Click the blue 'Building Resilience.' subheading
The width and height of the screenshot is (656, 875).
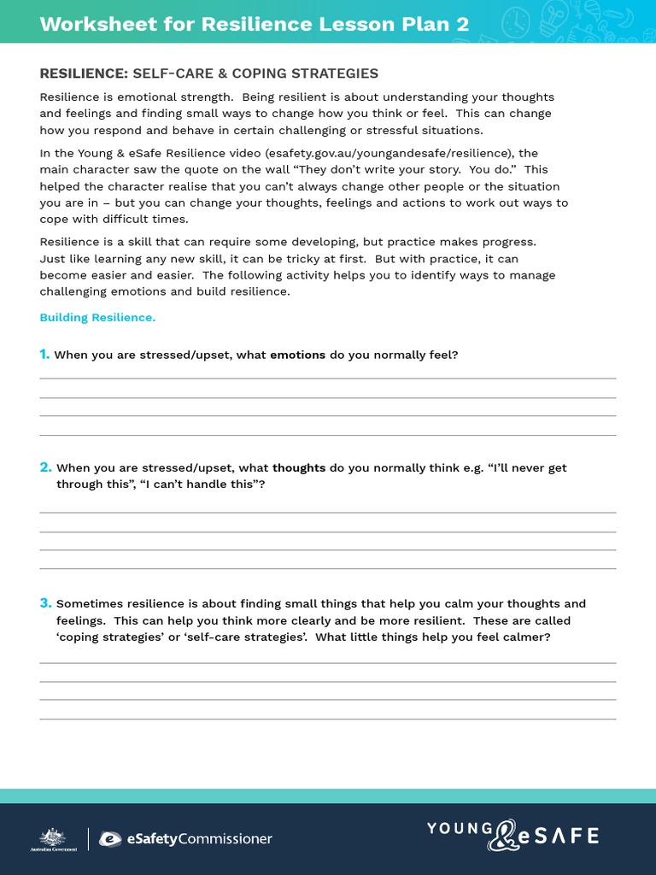pos(97,318)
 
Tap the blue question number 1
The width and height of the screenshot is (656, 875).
pos(44,355)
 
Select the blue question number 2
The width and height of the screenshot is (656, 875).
pos(45,467)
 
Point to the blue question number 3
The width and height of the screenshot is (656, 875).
pos(45,603)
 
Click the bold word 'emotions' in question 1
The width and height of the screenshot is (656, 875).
pos(297,355)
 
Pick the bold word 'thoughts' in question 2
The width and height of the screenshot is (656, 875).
pos(299,468)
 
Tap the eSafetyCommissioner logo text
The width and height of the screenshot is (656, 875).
pos(186,839)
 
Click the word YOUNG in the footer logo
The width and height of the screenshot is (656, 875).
pos(460,828)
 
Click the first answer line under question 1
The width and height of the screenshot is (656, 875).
pos(327,378)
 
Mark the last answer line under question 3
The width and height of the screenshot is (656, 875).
pos(327,719)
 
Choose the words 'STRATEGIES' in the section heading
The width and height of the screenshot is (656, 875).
pos(337,74)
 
